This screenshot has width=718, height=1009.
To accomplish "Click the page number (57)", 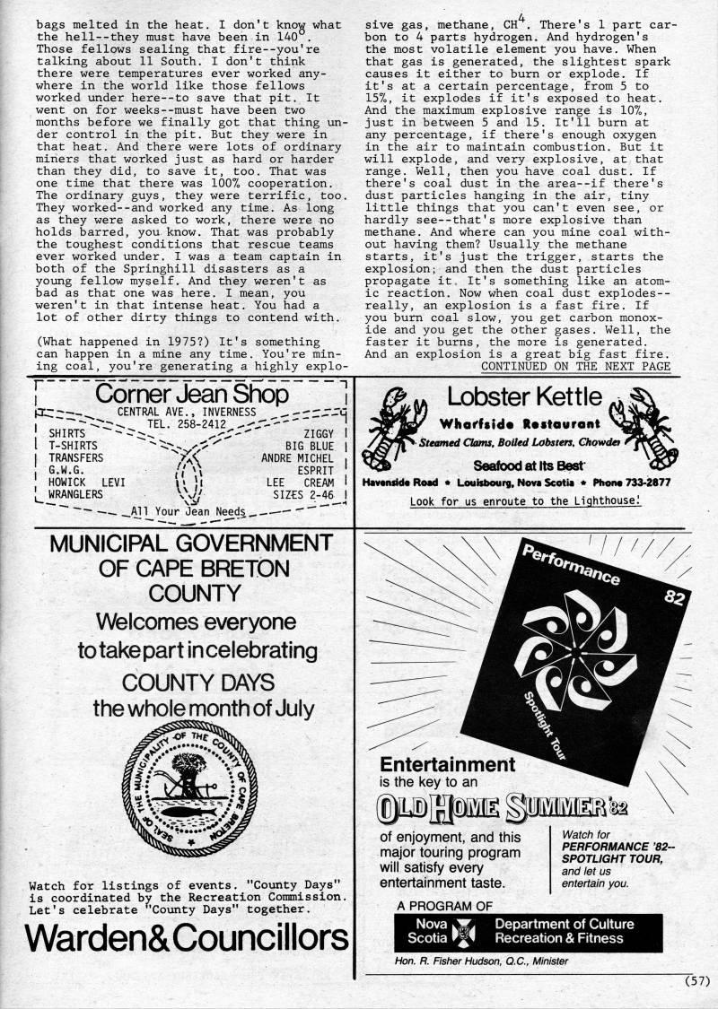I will point(696,980).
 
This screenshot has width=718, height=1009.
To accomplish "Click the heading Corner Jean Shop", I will point(192,395).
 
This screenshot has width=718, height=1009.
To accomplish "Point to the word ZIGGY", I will point(319,433).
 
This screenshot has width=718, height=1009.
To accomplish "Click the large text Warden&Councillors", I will point(187,937).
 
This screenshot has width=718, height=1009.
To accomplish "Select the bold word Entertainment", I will point(448,765).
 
